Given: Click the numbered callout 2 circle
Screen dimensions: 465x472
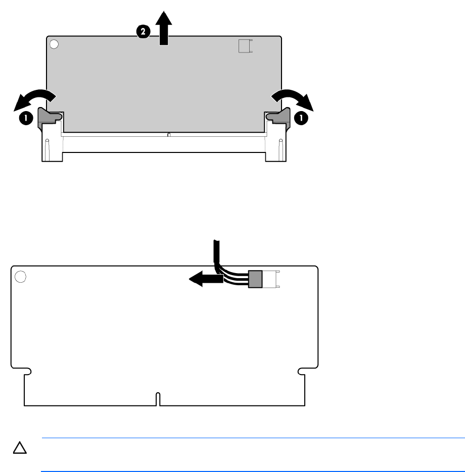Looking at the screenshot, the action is point(143,32).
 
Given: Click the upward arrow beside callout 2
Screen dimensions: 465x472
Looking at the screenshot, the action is point(164,28).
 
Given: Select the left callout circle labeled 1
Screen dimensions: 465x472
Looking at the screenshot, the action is point(26,118).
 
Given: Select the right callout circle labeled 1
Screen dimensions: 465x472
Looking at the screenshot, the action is point(301,118).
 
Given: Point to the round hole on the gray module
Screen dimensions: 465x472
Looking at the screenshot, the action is point(54,44).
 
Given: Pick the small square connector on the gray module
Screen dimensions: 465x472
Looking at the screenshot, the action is point(246,46).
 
